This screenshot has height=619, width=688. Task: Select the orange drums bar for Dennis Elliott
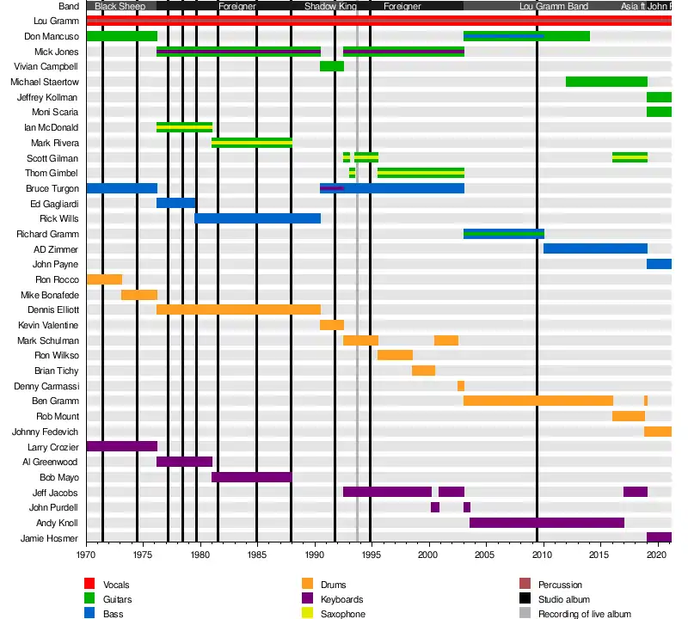(x=238, y=309)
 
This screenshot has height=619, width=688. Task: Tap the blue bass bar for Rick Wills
(x=257, y=218)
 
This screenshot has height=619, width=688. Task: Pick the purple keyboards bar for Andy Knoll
(x=546, y=523)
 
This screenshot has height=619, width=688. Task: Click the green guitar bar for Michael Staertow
(x=606, y=82)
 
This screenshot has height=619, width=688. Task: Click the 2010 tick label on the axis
(x=543, y=556)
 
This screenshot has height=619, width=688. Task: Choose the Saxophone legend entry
(x=341, y=614)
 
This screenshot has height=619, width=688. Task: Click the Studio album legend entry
(x=563, y=599)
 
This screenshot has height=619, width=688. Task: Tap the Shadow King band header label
(x=330, y=6)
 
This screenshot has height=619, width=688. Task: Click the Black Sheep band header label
(x=120, y=6)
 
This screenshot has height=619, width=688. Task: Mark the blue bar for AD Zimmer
(x=595, y=249)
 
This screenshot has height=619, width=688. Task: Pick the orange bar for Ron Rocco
(x=104, y=279)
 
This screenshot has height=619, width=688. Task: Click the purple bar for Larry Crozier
(x=121, y=447)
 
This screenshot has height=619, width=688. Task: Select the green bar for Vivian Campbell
(x=332, y=66)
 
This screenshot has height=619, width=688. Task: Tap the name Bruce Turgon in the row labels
(x=57, y=188)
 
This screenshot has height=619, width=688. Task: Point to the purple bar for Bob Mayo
(x=251, y=477)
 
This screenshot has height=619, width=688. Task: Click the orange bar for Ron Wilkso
(x=395, y=355)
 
